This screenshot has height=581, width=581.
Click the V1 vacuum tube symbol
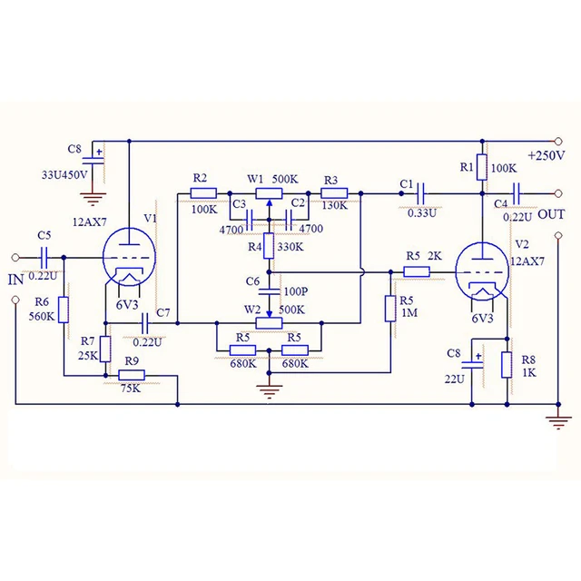pyautogui.click(x=129, y=257)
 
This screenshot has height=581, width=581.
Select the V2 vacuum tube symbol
pyautogui.click(x=482, y=271)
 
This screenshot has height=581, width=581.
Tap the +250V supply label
pyautogui.click(x=547, y=155)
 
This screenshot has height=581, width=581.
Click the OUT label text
pyautogui.click(x=551, y=214)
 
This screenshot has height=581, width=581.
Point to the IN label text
pyautogui.click(x=16, y=280)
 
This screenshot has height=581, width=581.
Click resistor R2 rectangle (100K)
pyautogui.click(x=203, y=193)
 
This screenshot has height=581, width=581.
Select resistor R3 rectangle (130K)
pyautogui.click(x=334, y=193)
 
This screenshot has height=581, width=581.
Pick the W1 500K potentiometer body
pyautogui.click(x=269, y=193)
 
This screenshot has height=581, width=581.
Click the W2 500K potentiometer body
pyautogui.click(x=269, y=323)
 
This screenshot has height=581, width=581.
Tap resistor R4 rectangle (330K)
pyautogui.click(x=269, y=246)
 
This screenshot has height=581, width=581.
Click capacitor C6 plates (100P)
pyautogui.click(x=269, y=290)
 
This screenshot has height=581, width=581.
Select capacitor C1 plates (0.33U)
pyautogui.click(x=420, y=193)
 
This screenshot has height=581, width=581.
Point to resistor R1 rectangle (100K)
pyautogui.click(x=482, y=167)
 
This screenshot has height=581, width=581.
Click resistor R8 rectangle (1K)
pyautogui.click(x=507, y=365)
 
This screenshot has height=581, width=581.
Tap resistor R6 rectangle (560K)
pyautogui.click(x=64, y=310)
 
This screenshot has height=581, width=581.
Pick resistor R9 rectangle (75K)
pyautogui.click(x=132, y=375)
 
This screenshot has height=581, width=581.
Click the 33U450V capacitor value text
pyautogui.click(x=64, y=175)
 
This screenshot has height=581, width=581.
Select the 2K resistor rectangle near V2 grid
pyautogui.click(x=417, y=272)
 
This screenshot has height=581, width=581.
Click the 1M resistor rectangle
pyautogui.click(x=390, y=309)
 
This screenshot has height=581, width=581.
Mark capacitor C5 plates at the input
pyautogui.click(x=44, y=257)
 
